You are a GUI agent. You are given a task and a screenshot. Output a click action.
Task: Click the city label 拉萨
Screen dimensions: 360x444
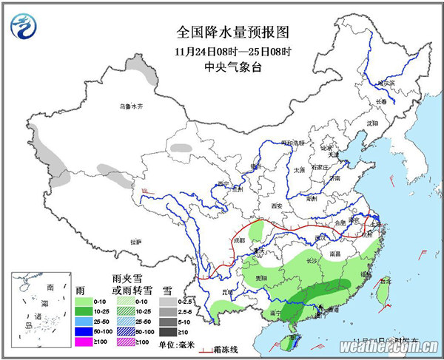(x=135, y=242)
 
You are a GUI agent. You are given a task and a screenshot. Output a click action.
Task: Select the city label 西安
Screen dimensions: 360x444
(x=277, y=205)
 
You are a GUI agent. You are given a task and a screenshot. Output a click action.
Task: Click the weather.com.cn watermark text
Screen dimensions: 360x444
(x=388, y=347)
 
